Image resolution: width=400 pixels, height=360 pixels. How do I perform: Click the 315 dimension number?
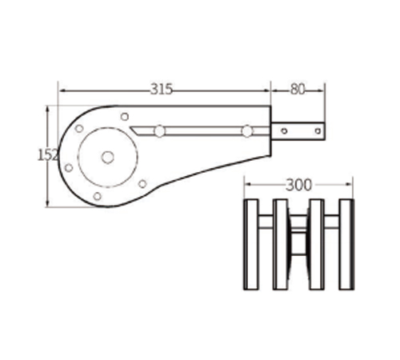(162, 89)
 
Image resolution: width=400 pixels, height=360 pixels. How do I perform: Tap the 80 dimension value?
(298, 90)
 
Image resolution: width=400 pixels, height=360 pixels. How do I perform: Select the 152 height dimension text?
(47, 155)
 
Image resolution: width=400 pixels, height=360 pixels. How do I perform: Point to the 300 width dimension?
(298, 185)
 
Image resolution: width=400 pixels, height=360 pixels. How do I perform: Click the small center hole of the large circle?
(108, 158)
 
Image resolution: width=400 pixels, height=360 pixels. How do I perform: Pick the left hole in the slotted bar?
(159, 131)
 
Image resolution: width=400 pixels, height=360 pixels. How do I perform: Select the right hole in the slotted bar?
(247, 131)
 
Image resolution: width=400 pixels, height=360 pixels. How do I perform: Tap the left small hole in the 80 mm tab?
(284, 131)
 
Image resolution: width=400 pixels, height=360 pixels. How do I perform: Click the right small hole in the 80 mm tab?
(318, 131)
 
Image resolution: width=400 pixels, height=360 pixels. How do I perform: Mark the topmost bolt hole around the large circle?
(125, 117)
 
